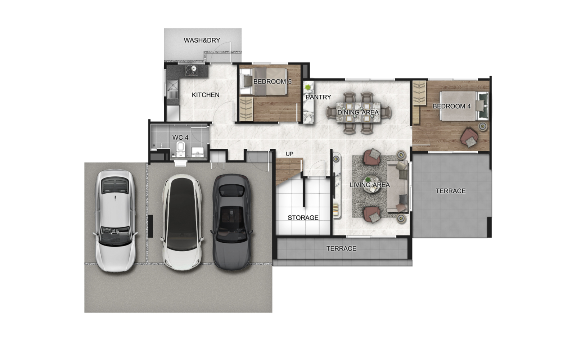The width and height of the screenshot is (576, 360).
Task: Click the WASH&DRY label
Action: point(202,40)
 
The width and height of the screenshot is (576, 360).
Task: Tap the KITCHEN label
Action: point(206,95)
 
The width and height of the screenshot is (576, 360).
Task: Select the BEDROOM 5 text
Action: point(272,81)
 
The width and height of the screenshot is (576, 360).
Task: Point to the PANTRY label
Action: point(318,97)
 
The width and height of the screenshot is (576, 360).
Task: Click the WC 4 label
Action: point(180,138)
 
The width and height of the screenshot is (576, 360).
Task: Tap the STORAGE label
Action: point(303,217)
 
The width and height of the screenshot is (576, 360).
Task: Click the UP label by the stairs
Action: point(289,154)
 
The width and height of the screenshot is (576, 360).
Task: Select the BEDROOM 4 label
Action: point(451,106)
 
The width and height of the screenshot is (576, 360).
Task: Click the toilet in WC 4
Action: point(180,149)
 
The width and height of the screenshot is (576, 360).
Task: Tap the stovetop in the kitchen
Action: point(191,70)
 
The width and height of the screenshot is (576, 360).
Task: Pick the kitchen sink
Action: point(172,86)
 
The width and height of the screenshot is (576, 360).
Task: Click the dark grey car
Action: point(232,222)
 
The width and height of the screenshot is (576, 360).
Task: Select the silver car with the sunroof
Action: point(115,220)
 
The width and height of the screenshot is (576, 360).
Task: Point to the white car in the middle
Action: point(182,222)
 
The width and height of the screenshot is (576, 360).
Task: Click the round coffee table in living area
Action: point(371,184)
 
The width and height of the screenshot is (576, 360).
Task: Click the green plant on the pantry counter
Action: point(308,87)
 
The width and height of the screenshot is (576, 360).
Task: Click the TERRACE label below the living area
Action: point(341,248)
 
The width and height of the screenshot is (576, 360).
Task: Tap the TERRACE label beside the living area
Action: point(450,191)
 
